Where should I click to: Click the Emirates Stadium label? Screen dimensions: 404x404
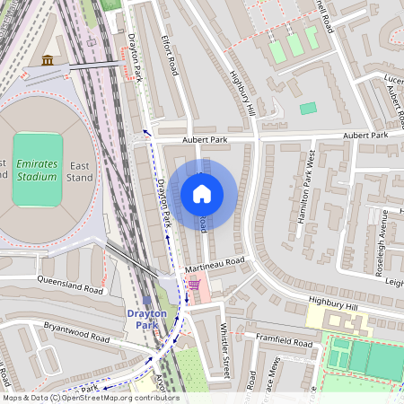(x=35, y=170)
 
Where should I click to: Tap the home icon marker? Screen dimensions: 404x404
(x=202, y=194)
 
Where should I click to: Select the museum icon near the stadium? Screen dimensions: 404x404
(x=48, y=60)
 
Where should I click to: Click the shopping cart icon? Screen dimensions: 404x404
(x=194, y=284)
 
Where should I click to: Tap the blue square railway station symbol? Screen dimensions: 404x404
(x=146, y=300)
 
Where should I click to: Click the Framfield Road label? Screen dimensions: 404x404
(x=284, y=341)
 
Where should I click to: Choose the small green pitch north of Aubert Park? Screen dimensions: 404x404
(x=308, y=108)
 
